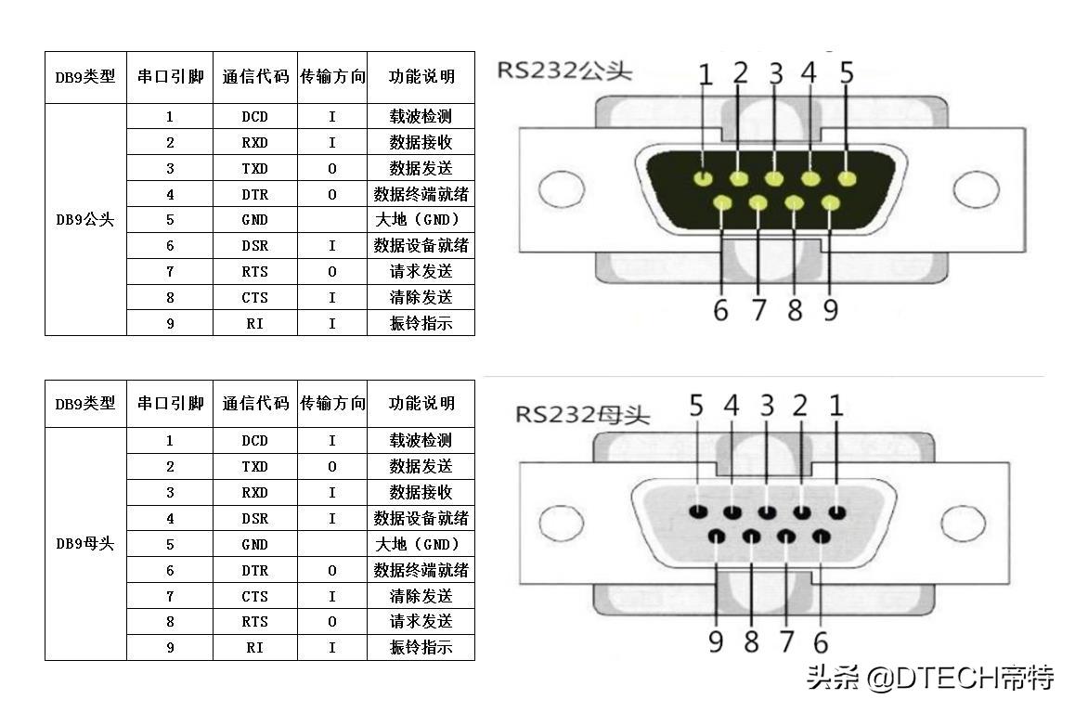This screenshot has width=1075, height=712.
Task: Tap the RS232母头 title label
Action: (x=583, y=413)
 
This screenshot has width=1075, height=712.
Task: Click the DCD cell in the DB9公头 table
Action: (x=254, y=117)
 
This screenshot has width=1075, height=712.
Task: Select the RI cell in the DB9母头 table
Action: (x=254, y=648)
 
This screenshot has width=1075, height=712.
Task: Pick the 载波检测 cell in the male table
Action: (x=421, y=117)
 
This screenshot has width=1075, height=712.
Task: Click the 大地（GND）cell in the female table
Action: (x=421, y=545)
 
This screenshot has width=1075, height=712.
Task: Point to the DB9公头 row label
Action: (x=85, y=220)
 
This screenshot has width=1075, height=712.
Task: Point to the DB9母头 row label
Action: (x=85, y=544)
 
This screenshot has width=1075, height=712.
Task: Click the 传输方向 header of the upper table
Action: (x=332, y=77)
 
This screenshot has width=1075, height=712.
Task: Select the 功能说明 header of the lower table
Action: (x=421, y=404)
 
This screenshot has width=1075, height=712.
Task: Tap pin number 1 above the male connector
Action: (x=706, y=75)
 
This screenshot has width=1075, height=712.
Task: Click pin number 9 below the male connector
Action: (x=830, y=309)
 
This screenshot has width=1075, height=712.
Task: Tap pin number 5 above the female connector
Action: (x=696, y=407)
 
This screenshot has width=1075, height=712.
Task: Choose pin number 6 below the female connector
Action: (x=821, y=641)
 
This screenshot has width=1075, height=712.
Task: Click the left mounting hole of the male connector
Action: (x=562, y=190)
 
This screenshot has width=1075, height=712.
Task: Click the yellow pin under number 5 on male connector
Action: (x=847, y=178)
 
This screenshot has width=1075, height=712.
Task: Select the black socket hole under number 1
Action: (x=837, y=511)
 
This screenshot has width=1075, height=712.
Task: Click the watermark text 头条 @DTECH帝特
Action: (x=930, y=678)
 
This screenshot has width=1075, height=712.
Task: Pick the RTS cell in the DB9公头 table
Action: (x=254, y=272)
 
